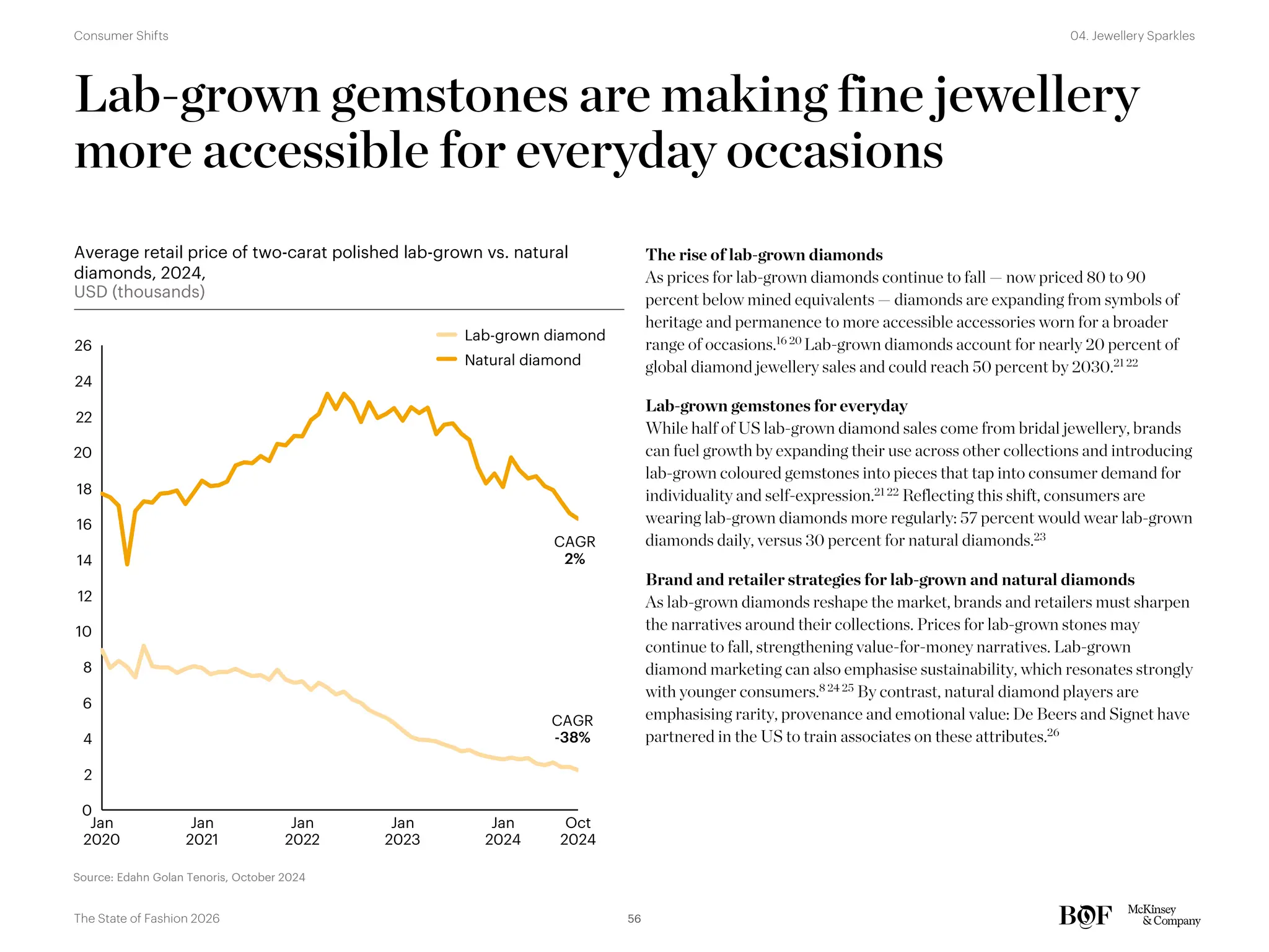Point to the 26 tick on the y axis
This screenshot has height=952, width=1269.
point(83,346)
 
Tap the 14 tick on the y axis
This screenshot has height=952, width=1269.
point(84,560)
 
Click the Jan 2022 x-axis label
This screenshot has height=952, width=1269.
point(302,831)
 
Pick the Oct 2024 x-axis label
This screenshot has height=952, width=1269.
point(577,831)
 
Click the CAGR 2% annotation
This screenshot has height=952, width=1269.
point(574,550)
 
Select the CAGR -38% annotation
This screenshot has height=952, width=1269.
point(572,729)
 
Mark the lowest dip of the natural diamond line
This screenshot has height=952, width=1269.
point(127,563)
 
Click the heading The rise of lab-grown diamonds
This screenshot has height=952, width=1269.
point(763,255)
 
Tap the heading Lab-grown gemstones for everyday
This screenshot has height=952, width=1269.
point(776,406)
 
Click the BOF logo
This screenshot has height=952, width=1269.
point(1085,915)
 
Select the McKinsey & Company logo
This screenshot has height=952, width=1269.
point(1163,915)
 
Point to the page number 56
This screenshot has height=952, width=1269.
point(634,919)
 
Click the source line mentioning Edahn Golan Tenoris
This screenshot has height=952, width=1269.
point(189,877)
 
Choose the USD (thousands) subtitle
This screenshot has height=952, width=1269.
point(139,292)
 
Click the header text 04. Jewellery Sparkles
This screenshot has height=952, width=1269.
point(1132,36)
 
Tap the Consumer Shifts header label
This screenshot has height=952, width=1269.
point(121,36)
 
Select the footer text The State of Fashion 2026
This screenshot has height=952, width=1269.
point(146,919)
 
